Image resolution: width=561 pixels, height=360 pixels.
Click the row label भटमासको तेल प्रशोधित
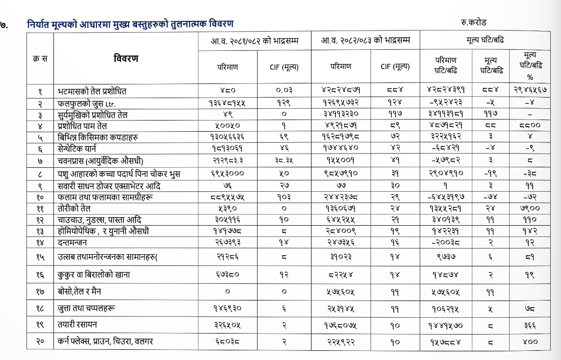[x=92, y=92]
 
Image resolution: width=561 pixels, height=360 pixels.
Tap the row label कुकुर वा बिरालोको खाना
[x=94, y=275]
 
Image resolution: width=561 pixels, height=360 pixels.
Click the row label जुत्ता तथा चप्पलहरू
[x=86, y=308]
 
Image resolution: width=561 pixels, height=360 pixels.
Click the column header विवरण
[x=126, y=58]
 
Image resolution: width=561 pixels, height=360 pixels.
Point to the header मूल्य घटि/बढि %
[x=530, y=66]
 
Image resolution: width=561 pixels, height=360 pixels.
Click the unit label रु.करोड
[x=475, y=23]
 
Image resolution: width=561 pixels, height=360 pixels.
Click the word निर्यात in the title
[x=40, y=24]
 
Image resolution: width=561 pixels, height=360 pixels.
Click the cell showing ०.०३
[x=284, y=92]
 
